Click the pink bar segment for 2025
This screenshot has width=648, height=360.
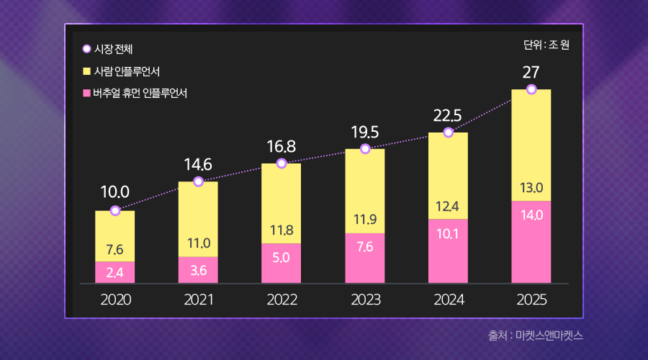[x=531, y=242]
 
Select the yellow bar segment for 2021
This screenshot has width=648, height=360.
[x=198, y=219]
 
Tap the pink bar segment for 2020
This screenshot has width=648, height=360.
[x=115, y=272]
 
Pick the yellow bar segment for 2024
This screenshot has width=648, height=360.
[x=448, y=176]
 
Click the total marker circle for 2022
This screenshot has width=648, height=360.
[x=282, y=163]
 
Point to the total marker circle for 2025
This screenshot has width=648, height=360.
[x=531, y=89]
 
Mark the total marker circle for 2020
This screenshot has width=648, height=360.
[x=115, y=211]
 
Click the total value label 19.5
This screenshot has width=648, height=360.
[x=365, y=131]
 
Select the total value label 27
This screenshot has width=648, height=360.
[x=531, y=72]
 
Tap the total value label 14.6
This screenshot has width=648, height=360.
[x=198, y=164]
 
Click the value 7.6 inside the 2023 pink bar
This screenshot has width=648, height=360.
[x=365, y=247]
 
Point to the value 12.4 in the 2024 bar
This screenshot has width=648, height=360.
[x=448, y=207]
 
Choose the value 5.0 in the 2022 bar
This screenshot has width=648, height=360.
[x=282, y=256]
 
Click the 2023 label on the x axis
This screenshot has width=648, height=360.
[x=365, y=300]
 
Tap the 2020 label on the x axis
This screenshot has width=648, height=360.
[x=115, y=300]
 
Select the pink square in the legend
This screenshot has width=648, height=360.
[x=86, y=93]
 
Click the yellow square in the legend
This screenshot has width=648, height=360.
[x=86, y=71]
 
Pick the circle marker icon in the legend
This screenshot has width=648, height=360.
[x=86, y=49]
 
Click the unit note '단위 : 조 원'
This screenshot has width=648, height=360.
[x=546, y=45]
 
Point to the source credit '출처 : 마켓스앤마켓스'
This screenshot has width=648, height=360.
[x=536, y=336]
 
